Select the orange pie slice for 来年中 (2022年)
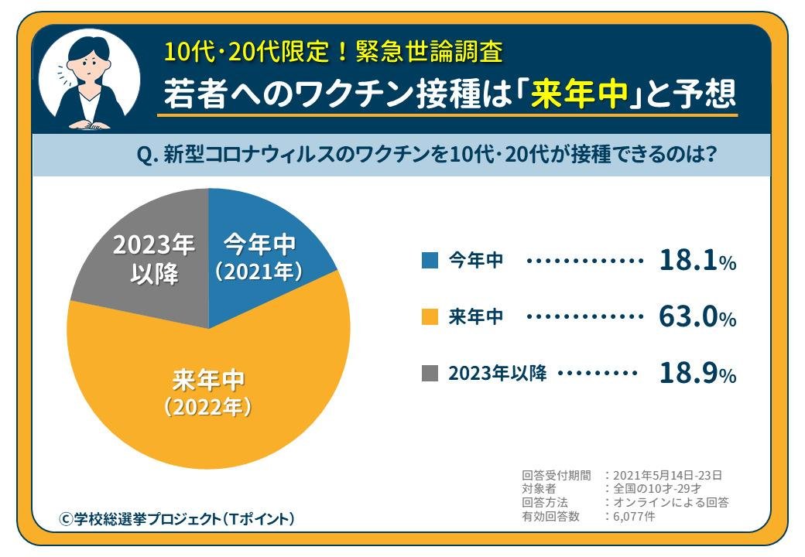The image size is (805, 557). coord(209,387)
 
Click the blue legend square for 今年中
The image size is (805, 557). coord(430,261)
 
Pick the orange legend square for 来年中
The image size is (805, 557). coord(430,317)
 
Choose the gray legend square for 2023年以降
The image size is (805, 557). coord(430,374)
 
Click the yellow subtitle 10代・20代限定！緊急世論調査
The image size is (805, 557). coord(333,52)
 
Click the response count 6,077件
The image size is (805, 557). coord(633,517)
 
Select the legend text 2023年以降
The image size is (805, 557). coord(498,374)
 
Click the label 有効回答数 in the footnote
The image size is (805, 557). coord(550,517)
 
